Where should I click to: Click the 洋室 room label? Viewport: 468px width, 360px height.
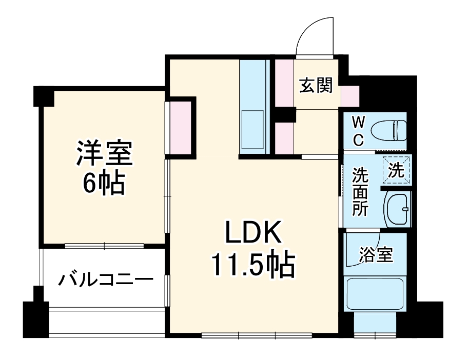point(105,153)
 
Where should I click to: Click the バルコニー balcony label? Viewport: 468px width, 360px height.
point(106,280)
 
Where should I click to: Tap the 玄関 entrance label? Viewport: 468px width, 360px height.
point(316,86)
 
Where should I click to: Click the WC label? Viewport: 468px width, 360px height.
point(359,130)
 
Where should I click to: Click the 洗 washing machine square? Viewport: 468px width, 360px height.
point(396,169)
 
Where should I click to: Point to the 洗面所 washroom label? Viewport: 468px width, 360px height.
point(359,192)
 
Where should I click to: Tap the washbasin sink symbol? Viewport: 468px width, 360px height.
point(397,209)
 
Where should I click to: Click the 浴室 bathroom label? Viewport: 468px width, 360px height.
point(376,254)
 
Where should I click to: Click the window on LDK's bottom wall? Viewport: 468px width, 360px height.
point(257,336)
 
